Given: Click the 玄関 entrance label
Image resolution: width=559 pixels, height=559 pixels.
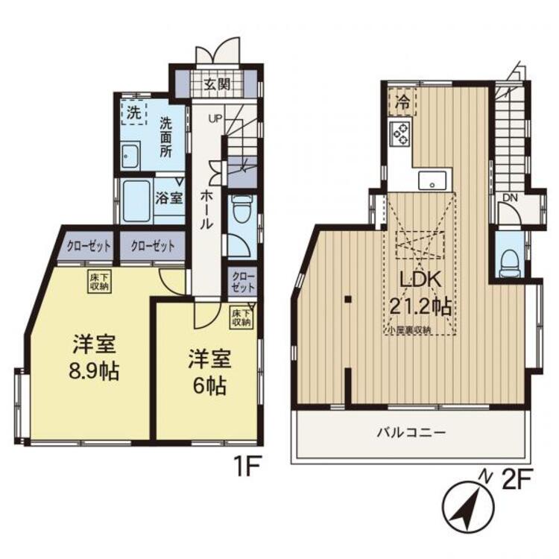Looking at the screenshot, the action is tap(217, 84).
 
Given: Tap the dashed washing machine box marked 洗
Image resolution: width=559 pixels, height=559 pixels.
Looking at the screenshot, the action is tap(133, 113).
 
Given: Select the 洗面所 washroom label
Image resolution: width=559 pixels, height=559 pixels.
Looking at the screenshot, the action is tap(165, 137).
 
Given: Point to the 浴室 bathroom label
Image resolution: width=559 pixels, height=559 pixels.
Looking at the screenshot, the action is tap(169, 198).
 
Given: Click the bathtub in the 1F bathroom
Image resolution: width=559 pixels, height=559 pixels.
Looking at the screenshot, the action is tap(136, 200).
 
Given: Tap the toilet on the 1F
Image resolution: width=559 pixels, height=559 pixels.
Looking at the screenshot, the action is tap(241, 209).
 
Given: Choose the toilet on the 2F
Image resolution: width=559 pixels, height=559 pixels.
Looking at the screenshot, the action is tap(510, 263).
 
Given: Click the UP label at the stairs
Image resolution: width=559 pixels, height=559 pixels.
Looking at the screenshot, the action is tap(215, 119).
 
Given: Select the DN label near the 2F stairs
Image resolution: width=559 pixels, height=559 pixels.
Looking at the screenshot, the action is tap(510, 198).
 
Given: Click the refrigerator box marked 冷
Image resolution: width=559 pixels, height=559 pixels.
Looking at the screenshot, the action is tap(402, 101).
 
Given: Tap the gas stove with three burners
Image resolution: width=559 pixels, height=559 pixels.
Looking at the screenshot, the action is tap(400, 133).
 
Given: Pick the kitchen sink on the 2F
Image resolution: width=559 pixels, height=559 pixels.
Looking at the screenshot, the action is tap(432, 180).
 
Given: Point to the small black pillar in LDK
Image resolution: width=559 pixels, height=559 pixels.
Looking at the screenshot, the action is tap(348, 299).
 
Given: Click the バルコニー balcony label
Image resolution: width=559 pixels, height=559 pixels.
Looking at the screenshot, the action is tap(411, 433).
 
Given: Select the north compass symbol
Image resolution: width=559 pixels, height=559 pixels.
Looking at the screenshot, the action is tap(468, 505).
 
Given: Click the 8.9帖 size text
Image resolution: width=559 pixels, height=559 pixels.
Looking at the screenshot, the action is tap(94, 371).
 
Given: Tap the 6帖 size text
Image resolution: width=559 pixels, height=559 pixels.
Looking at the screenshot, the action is tap(209, 386).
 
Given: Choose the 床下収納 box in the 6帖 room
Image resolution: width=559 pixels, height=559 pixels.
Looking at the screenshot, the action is tap(241, 318).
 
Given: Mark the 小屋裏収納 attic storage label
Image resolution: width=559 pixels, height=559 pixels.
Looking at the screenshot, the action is tap(408, 330).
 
